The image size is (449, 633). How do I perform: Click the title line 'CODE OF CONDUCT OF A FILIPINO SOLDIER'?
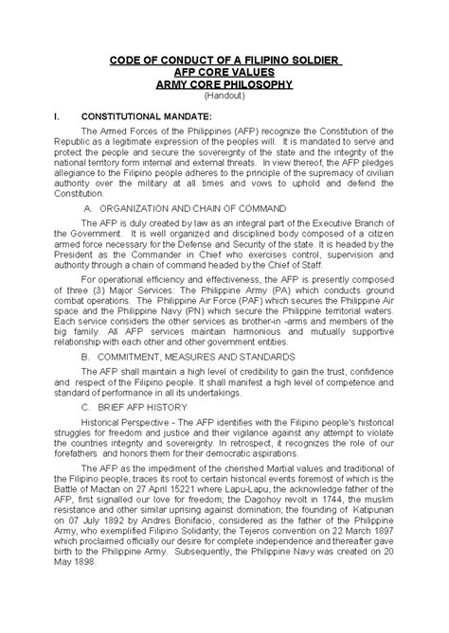[x=224, y=63]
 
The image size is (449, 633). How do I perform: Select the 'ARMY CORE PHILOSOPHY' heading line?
[x=224, y=84]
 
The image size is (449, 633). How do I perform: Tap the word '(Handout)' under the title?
[x=224, y=96]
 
